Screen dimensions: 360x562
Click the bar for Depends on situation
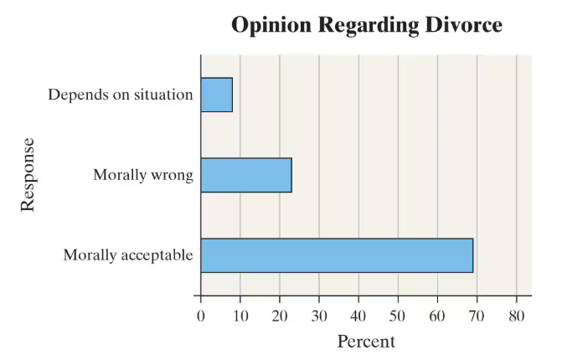pos(216,95)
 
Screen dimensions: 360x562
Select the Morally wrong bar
pos(245,175)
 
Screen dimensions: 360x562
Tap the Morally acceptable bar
pos(337,255)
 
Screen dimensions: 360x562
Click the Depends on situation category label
pos(121,95)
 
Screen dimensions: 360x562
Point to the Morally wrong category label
pos(143,175)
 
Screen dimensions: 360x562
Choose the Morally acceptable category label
pos(128,255)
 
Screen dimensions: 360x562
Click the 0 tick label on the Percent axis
pos(200,316)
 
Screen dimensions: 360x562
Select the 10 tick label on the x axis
pos(240,316)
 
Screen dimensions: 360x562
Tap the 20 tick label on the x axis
pos(280,316)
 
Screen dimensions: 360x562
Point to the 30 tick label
pos(319,316)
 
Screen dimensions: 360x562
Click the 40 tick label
pos(358,316)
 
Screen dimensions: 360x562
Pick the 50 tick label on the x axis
pos(398,316)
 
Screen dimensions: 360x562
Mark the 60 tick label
pos(437,316)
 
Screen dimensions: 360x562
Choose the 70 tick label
pos(477,316)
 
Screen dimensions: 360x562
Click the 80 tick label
pos(517,316)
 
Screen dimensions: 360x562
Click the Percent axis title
pos(366,342)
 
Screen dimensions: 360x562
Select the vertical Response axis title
pos(28,174)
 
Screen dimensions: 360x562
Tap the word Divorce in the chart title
pos(459,25)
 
